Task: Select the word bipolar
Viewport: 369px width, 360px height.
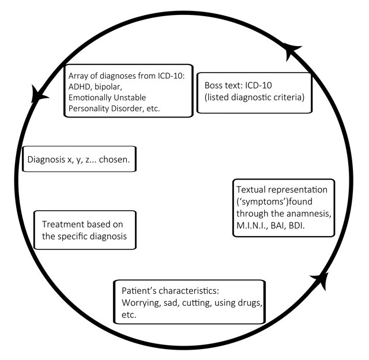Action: (108, 87)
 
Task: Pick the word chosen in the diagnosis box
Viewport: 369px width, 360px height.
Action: (114, 160)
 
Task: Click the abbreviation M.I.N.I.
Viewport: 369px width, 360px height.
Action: (252, 226)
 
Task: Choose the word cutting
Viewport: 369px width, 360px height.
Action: (197, 303)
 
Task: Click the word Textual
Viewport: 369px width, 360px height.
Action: (251, 190)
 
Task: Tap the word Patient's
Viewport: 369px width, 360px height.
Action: (139, 291)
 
